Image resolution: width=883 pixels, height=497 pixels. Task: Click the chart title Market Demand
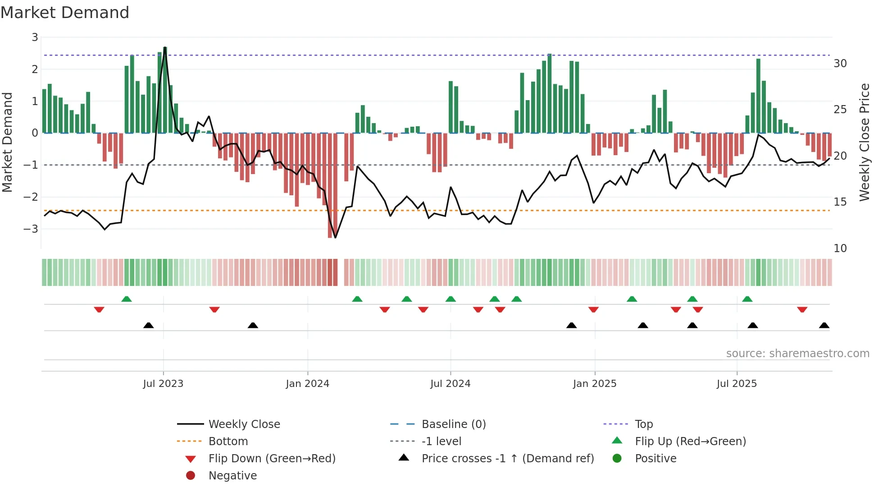65,13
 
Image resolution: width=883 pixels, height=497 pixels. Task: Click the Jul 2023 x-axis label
163,384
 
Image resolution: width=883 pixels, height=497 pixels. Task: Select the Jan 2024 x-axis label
307,384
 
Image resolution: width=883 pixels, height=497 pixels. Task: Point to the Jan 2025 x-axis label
594,384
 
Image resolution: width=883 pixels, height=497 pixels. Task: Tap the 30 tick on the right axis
840,64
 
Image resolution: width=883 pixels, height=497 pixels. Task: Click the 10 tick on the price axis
840,248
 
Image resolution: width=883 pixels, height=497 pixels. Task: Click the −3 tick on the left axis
31,229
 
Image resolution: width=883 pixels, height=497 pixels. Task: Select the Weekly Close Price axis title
864,142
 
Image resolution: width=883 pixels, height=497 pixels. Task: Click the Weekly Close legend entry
244,424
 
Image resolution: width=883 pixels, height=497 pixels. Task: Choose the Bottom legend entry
228,442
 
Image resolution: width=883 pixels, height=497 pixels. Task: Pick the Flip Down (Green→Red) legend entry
272,459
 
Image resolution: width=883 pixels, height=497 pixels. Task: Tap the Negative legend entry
232,476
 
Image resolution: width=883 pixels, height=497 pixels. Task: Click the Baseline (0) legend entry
453,424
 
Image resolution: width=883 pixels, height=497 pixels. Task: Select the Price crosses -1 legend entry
507,459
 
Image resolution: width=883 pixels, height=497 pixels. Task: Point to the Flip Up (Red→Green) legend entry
690,442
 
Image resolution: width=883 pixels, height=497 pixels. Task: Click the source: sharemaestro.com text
797,354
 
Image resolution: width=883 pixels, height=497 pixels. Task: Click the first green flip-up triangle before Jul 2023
127,299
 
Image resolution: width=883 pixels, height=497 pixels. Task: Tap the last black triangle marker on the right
824,326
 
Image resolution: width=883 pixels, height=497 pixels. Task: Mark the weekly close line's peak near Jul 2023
165,47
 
